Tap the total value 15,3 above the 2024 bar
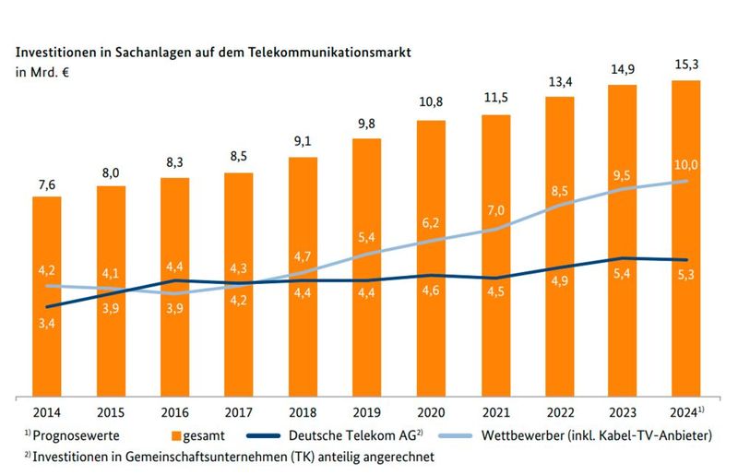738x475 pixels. coord(685,63)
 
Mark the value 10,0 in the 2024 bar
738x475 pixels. coord(685,165)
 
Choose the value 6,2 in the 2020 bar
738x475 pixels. coord(430,224)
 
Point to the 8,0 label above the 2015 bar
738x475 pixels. coord(111,171)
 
